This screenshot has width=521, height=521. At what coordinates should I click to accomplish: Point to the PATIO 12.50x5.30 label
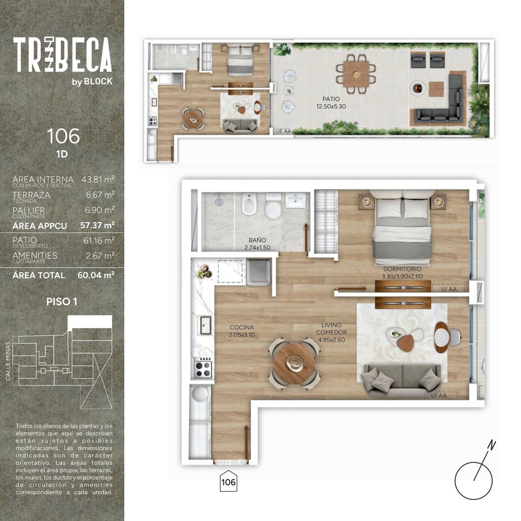[331, 103]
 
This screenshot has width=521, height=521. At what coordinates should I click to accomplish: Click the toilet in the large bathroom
[273, 206]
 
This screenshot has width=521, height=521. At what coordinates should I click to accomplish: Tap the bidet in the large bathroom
[249, 204]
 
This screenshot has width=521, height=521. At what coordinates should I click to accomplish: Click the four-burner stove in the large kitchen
[203, 368]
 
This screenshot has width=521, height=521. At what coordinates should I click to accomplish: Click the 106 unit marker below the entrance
[228, 482]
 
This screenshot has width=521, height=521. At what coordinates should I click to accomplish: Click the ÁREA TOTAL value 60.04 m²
[96, 275]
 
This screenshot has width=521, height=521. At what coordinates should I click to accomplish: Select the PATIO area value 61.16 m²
[99, 241]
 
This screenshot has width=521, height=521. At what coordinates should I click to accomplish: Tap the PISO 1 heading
[62, 302]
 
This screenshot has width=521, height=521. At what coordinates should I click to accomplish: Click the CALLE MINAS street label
[8, 361]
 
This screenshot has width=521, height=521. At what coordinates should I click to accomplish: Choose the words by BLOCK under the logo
[92, 82]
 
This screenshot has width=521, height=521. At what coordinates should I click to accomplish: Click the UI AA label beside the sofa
[439, 396]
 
